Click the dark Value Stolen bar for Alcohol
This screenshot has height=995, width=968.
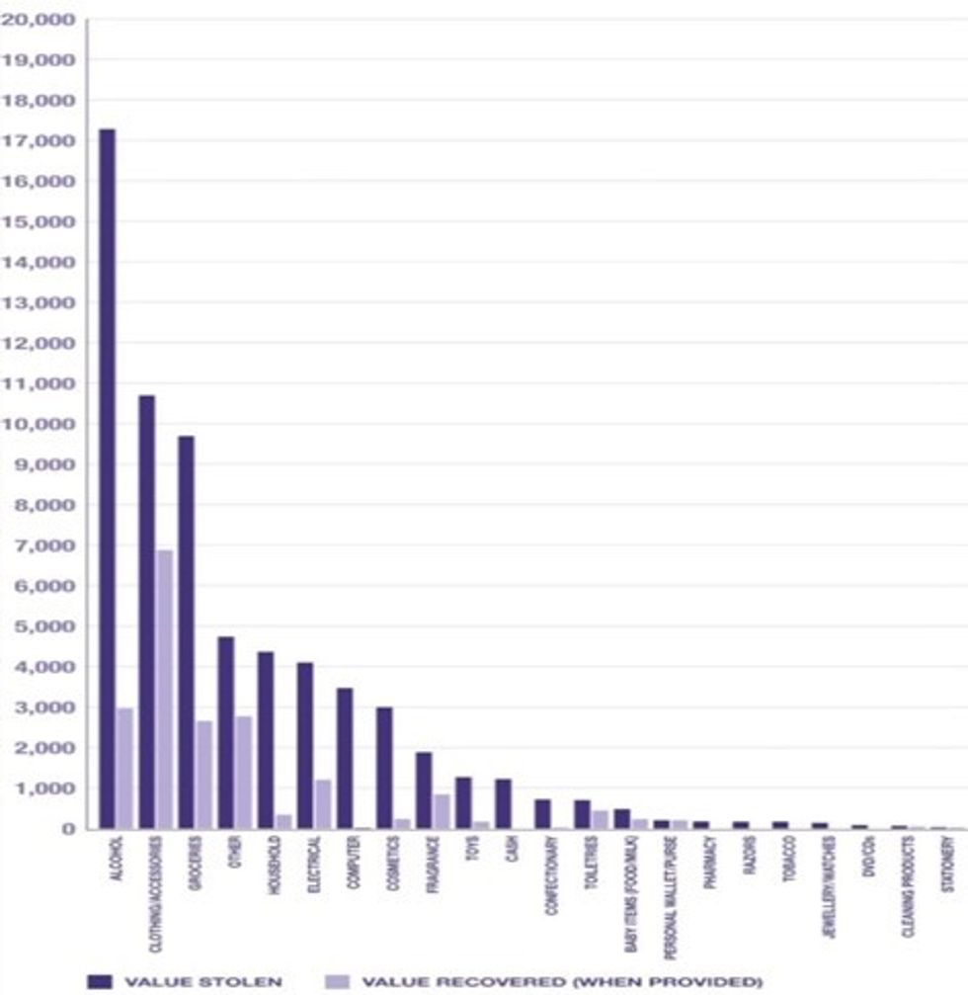(107, 479)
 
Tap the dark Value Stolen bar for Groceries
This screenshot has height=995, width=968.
(186, 632)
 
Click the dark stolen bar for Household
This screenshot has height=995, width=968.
(265, 740)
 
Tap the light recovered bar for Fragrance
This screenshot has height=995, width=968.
(442, 811)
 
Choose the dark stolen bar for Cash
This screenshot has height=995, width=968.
(503, 803)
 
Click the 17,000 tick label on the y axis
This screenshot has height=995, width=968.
(40, 141)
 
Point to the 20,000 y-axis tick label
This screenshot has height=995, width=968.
(40, 20)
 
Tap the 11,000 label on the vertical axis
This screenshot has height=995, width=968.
(40, 383)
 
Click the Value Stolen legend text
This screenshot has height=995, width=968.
(203, 981)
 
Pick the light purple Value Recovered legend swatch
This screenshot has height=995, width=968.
(337, 981)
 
